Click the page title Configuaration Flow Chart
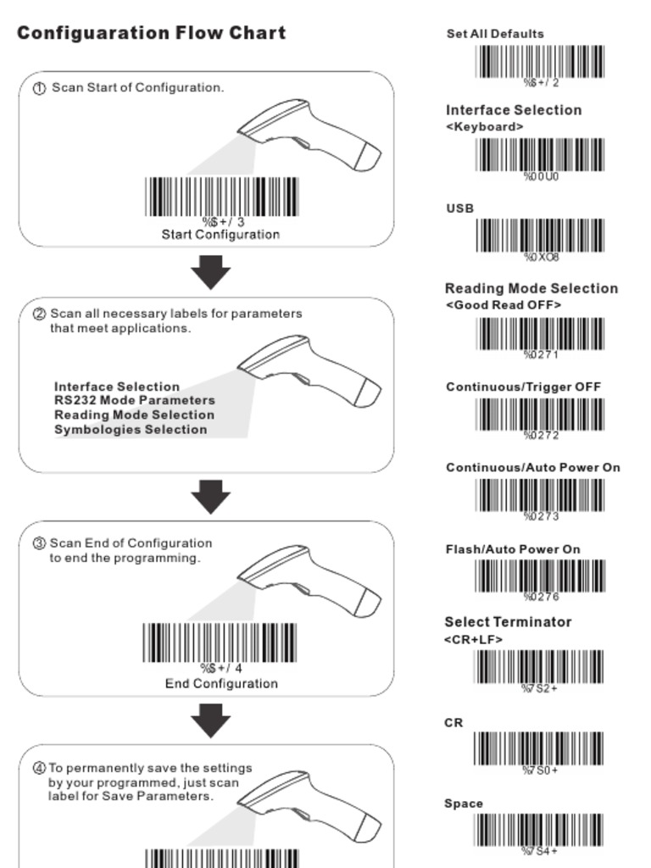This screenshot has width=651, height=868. [x=151, y=33]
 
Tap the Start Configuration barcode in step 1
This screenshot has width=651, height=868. [x=222, y=197]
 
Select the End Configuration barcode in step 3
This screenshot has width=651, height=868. [x=220, y=643]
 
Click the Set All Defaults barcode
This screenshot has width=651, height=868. [x=540, y=61]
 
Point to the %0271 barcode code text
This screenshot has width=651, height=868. [x=541, y=354]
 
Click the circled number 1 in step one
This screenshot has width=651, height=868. [x=39, y=88]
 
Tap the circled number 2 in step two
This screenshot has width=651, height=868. [x=39, y=314]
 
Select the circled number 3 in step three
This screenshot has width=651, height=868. [x=39, y=543]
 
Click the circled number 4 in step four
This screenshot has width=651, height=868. [x=39, y=768]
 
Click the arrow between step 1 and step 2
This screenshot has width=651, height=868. [x=210, y=272]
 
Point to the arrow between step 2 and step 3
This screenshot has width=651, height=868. [x=210, y=497]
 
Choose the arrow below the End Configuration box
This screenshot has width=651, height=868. [x=210, y=721]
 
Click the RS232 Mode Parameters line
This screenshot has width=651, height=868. [x=135, y=400]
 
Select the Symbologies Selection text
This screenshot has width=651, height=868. [x=131, y=429]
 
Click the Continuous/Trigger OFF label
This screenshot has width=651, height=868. [x=523, y=387]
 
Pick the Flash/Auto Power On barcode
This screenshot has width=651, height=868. [x=540, y=576]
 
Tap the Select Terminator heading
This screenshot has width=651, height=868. [x=508, y=622]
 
